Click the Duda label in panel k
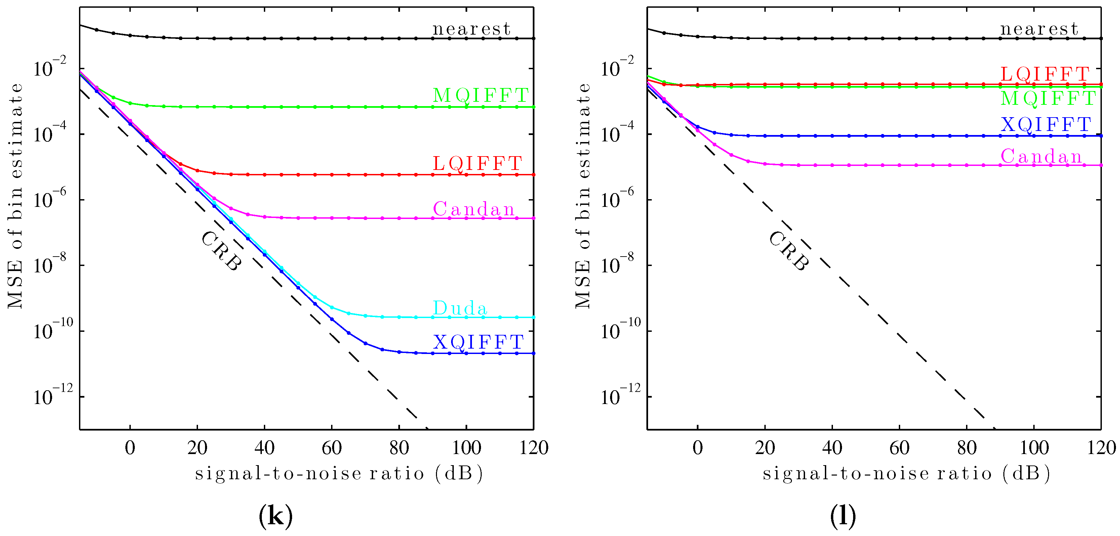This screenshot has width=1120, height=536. point(459,308)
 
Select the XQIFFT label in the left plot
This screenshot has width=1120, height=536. point(478,342)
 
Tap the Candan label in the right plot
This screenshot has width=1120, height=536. point(1041,157)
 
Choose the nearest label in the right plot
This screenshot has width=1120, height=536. point(1039,29)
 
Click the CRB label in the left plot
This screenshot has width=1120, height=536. point(221,251)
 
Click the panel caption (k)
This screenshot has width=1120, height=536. point(275,516)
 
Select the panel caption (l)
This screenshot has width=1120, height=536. point(843,516)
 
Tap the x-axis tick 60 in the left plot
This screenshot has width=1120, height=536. point(331,448)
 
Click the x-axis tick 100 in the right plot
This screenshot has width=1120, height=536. point(1034,448)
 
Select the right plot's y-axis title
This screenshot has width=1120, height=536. point(583,195)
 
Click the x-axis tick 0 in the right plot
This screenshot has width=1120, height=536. point(697,448)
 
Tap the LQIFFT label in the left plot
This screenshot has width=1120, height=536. point(477,164)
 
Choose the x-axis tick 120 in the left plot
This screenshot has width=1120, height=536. point(533,448)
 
